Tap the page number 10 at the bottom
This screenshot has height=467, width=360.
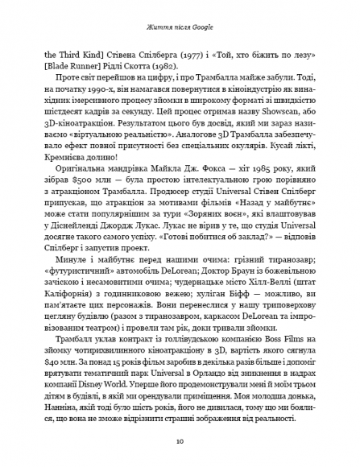tap(180, 441)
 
